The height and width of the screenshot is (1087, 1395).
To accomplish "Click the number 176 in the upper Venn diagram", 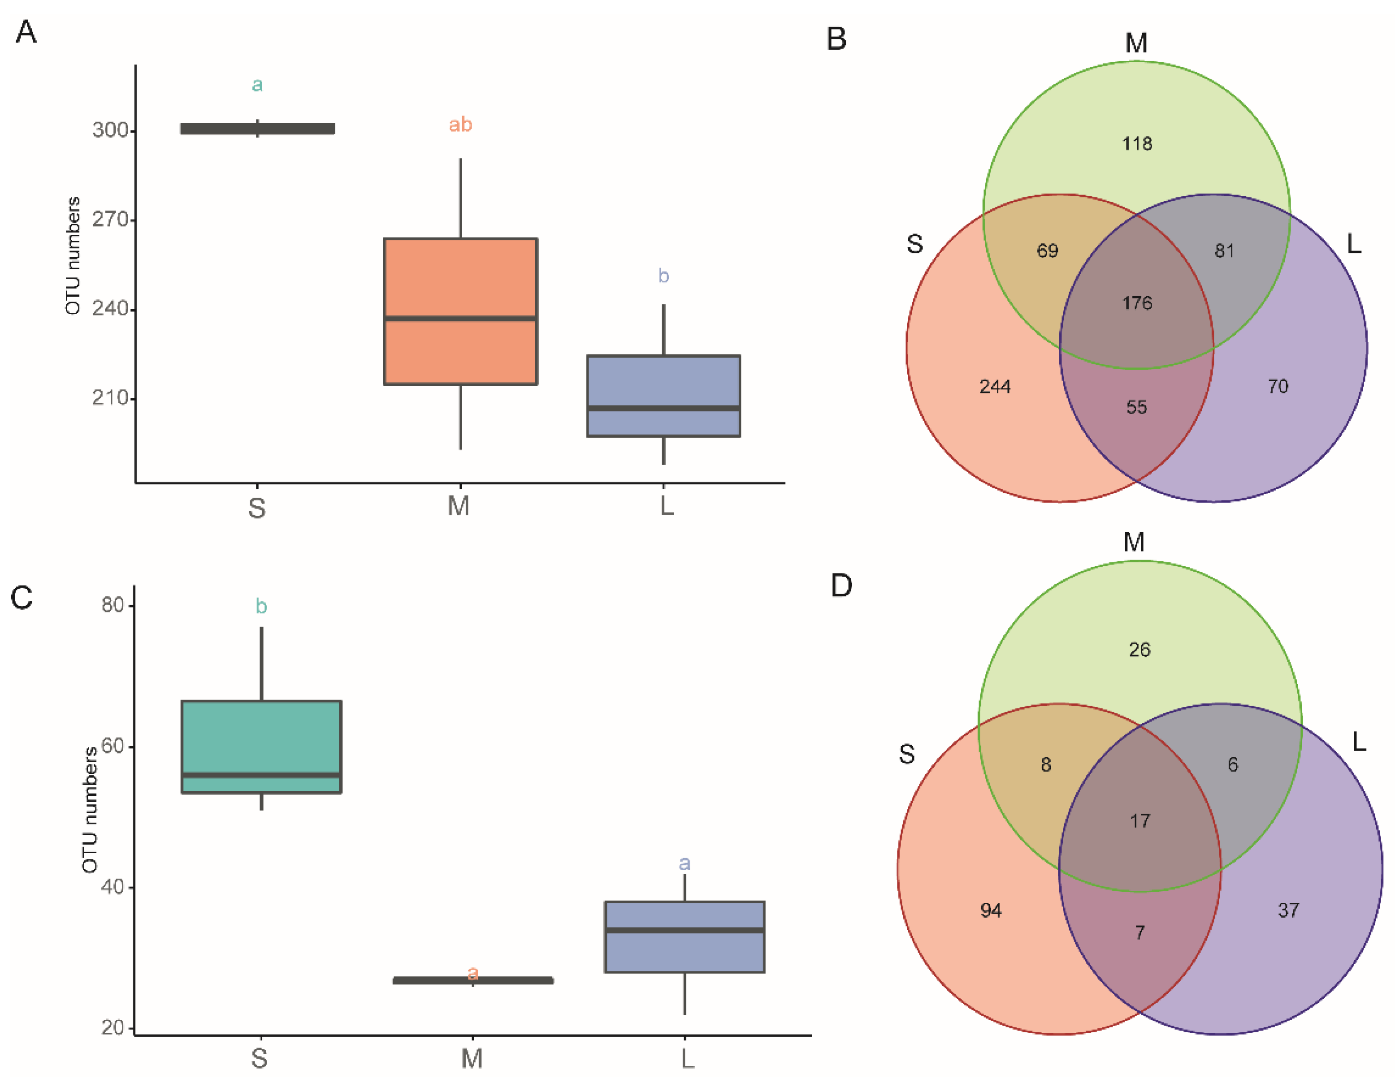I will (x=1137, y=302).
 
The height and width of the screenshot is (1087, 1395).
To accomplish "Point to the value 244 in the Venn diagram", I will (x=995, y=386).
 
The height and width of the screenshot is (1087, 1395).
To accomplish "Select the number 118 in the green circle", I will (x=1137, y=143).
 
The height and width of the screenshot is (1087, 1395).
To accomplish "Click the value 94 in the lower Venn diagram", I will (x=991, y=910).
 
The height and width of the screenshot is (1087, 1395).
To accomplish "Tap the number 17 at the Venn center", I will (x=1139, y=821).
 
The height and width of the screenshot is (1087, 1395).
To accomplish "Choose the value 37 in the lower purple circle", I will (x=1288, y=910).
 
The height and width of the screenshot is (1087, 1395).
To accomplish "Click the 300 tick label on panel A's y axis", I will (x=110, y=130).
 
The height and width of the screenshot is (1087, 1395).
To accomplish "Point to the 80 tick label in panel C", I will (x=113, y=604).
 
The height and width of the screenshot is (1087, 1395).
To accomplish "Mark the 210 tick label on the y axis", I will (x=110, y=398).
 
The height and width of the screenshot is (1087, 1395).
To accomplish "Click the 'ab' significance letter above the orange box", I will (x=460, y=125).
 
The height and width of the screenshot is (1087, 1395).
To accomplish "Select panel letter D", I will (x=841, y=585).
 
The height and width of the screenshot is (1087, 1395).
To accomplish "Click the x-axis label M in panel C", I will (x=472, y=1058).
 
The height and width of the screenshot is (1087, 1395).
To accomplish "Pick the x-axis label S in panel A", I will (x=257, y=508).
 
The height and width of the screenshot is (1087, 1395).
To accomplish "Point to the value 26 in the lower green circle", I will (x=1139, y=650).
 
